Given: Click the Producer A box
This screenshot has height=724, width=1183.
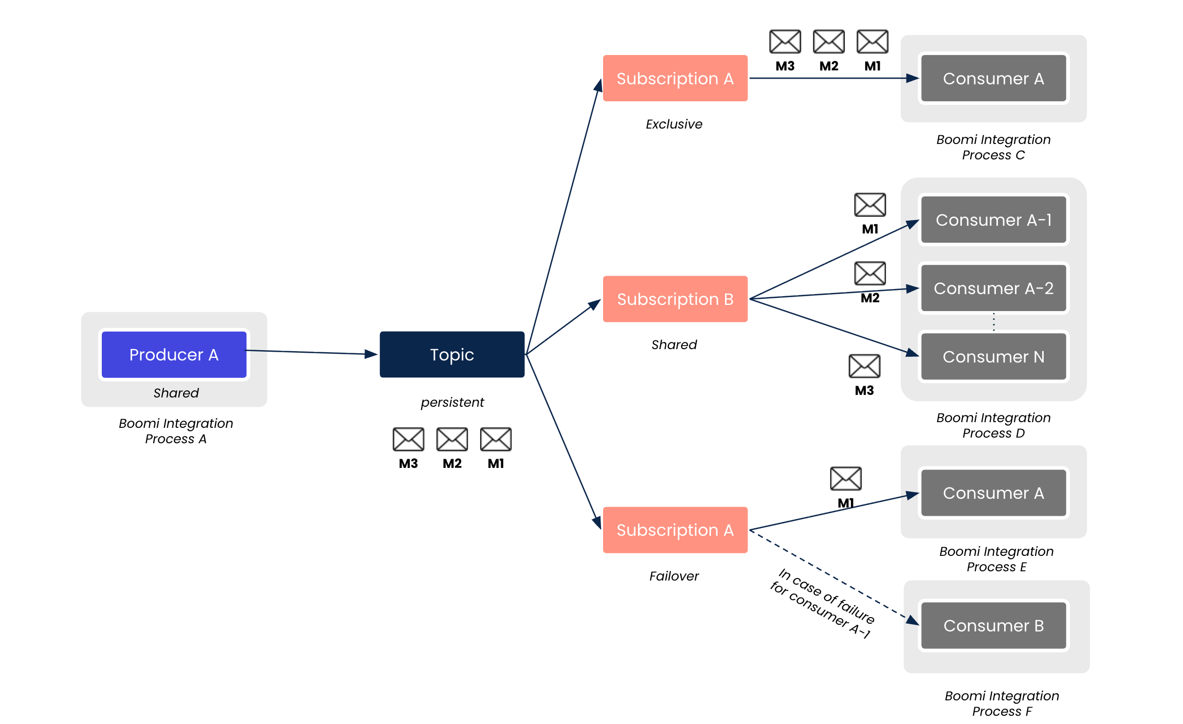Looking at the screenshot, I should (x=174, y=355).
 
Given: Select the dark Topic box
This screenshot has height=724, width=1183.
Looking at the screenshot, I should (x=452, y=355).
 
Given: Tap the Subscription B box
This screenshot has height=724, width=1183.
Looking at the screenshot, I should (x=675, y=299).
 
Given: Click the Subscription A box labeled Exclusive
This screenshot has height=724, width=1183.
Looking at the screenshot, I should (x=675, y=79).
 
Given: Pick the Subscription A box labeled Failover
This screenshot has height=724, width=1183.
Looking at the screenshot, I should (x=675, y=530).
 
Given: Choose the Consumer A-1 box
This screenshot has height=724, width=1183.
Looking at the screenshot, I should (x=993, y=220).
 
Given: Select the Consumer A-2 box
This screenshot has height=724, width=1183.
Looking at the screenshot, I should (x=993, y=288).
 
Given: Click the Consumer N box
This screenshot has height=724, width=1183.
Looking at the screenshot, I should (x=993, y=357).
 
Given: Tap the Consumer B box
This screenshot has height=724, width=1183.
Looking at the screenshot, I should (x=993, y=626).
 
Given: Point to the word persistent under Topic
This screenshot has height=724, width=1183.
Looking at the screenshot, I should (x=452, y=402).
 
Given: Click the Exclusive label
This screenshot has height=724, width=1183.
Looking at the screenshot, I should (x=674, y=124).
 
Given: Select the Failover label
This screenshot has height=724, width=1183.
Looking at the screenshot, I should (x=674, y=576).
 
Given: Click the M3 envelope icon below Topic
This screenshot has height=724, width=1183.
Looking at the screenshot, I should (x=408, y=439).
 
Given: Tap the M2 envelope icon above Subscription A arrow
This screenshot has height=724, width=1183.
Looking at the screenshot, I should (x=829, y=42).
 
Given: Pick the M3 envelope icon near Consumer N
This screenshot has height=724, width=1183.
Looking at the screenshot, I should (x=864, y=366).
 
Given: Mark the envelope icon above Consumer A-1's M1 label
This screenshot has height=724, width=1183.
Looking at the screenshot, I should (x=870, y=205).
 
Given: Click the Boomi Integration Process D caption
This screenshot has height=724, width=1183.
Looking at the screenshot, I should (x=993, y=425).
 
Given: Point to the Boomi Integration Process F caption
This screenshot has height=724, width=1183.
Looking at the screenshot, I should (x=1002, y=703).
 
